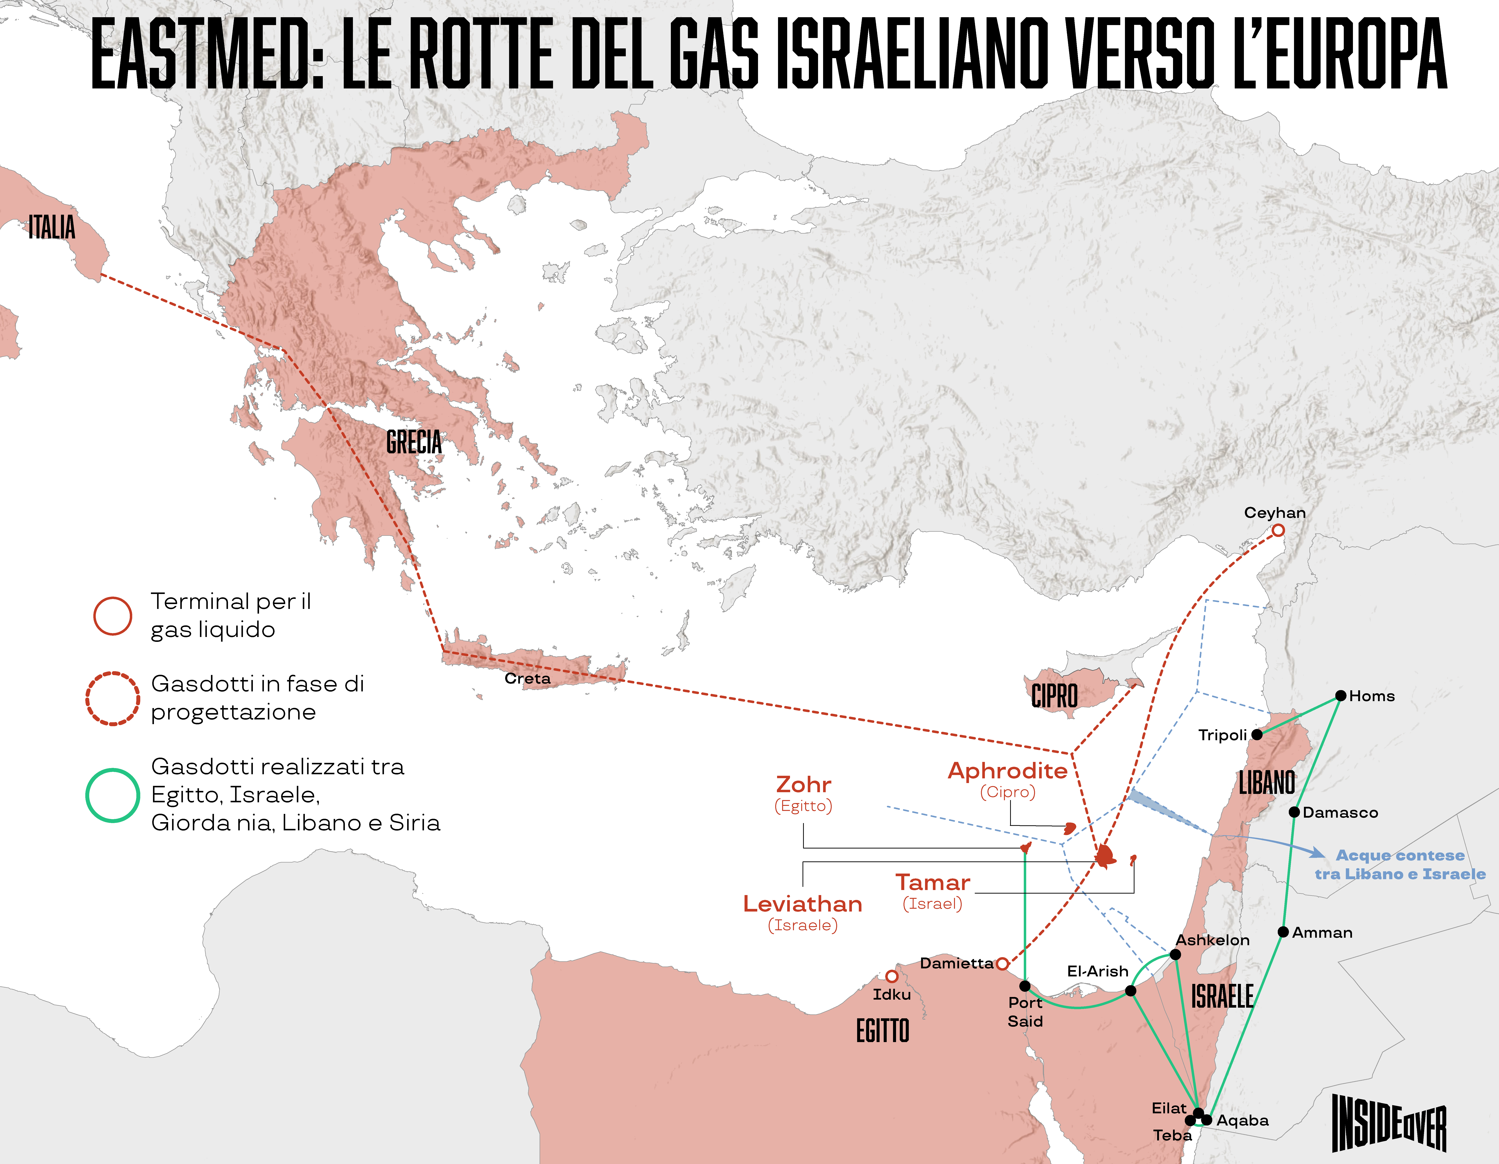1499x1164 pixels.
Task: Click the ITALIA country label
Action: (x=51, y=227)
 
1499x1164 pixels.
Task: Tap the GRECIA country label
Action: (x=414, y=442)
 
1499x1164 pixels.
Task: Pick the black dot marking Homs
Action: (x=1340, y=696)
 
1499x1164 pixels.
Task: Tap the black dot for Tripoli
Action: (x=1257, y=734)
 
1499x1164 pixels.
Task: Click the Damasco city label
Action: (x=1340, y=813)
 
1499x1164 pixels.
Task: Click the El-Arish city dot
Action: (x=1130, y=990)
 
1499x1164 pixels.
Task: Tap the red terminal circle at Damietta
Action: (x=1002, y=964)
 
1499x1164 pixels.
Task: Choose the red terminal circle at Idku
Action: (x=892, y=976)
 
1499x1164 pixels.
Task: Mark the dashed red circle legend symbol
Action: (x=113, y=699)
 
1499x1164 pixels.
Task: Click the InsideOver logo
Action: (x=1389, y=1123)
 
